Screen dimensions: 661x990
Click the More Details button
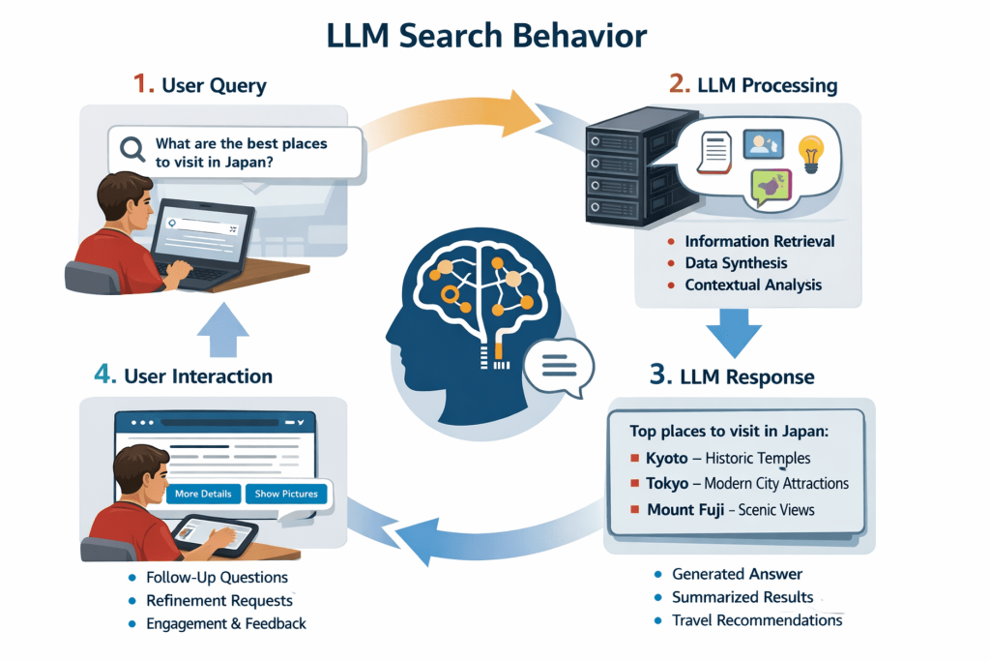tap(203, 494)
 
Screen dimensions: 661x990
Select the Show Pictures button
tap(285, 494)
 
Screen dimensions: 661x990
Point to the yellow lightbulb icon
tap(809, 152)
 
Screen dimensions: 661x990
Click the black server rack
tap(618, 173)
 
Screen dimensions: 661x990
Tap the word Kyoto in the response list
tap(666, 458)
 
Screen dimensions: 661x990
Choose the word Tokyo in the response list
tap(667, 483)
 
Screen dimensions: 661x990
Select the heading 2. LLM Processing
tap(753, 85)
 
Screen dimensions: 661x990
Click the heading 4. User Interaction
tap(183, 376)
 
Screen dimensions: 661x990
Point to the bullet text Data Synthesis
tap(736, 262)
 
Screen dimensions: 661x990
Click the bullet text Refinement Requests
tap(219, 600)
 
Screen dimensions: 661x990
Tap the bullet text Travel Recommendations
tap(757, 619)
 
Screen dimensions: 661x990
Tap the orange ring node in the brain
tap(451, 294)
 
